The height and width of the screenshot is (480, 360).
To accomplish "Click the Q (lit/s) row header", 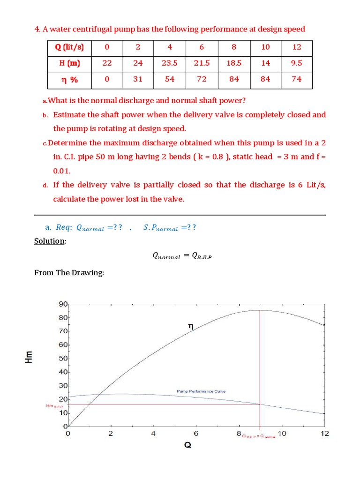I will [69, 47].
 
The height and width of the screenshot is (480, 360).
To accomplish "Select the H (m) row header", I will [69, 63].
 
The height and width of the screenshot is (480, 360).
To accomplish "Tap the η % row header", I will [69, 79].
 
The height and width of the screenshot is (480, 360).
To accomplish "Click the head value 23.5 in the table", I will [170, 63].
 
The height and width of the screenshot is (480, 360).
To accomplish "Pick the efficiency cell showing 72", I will [202, 79].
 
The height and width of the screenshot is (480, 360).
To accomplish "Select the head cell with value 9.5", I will [296, 63].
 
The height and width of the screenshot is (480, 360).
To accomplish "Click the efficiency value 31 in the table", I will [138, 79].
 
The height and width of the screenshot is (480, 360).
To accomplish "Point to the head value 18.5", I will [234, 63].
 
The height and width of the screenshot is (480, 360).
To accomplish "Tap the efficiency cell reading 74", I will [296, 79].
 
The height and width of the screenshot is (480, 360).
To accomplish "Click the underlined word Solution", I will [50, 241].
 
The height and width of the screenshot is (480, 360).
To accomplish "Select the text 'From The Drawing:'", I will [69, 272].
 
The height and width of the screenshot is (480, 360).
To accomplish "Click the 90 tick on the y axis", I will [63, 304].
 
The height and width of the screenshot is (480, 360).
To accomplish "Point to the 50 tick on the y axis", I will [63, 359].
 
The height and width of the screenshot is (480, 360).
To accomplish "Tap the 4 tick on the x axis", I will [153, 434].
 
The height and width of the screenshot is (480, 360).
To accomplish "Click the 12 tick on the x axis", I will [324, 434].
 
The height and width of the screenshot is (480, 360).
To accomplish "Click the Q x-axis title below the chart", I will [187, 445].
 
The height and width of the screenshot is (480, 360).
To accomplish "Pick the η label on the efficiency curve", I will [191, 326].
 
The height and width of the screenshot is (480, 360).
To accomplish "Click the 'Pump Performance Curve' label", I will [201, 391].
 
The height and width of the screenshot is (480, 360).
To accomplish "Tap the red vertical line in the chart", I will [260, 366].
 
